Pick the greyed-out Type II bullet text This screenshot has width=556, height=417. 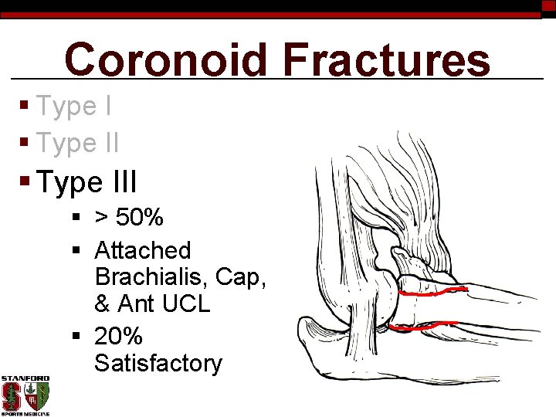pos(77,143)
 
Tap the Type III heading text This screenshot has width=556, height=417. pos(86,183)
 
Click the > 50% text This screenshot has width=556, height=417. pos(129,218)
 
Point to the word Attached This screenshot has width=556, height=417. pos(142,250)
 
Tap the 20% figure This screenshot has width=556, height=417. pos(118,336)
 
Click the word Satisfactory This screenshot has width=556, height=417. pos(158,363)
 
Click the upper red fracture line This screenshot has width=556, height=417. pos(432,293)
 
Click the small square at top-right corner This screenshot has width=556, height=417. pos(548,7)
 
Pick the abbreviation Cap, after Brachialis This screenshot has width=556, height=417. pos(240,276)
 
